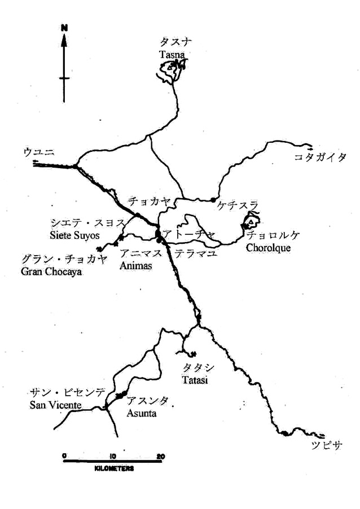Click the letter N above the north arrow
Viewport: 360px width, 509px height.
[65, 27]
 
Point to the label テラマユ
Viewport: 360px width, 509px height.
[196, 253]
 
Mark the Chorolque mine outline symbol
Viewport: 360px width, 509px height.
[252, 221]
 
